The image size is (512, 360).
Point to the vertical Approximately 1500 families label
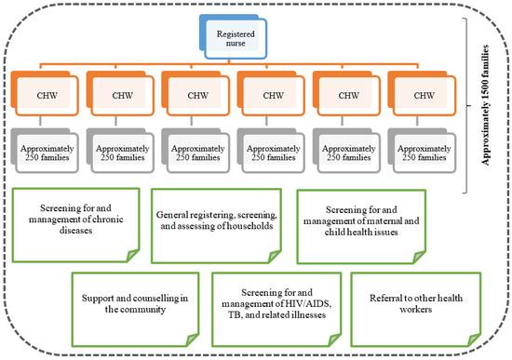(x=486, y=106)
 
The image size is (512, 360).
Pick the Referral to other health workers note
(x=412, y=304)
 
